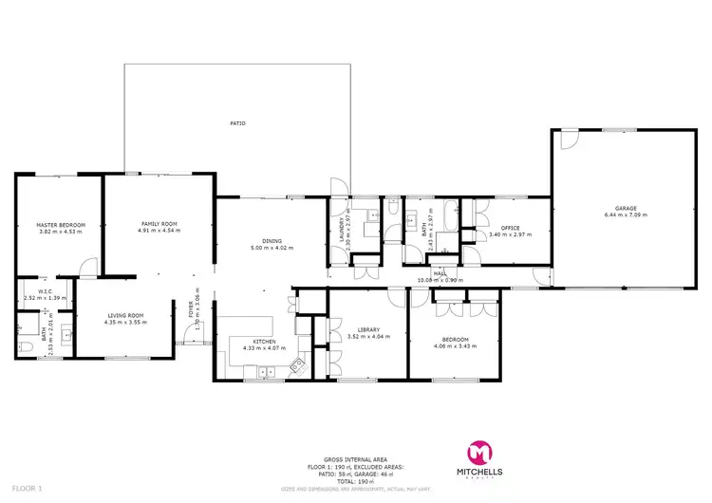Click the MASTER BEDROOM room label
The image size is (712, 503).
(61, 225)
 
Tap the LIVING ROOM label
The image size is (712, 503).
(123, 316)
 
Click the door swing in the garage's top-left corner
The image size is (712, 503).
(567, 140)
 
